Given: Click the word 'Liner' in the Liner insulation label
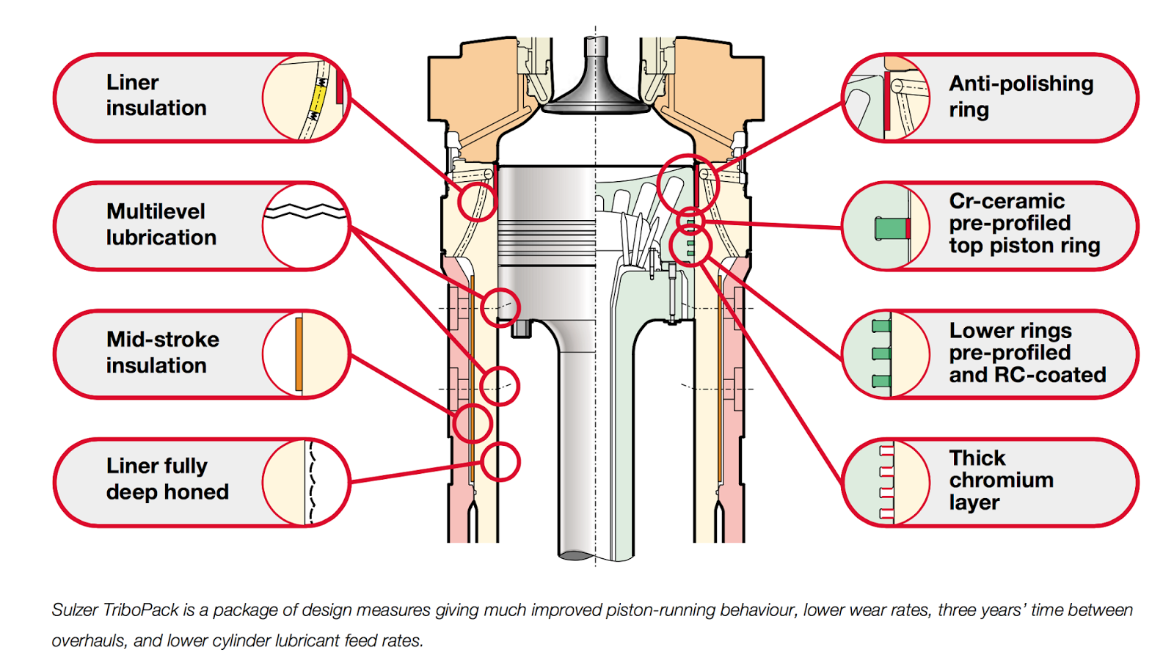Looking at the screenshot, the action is click(x=133, y=83).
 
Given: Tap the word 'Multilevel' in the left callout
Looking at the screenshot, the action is click(x=156, y=212).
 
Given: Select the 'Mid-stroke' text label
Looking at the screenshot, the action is click(x=163, y=340).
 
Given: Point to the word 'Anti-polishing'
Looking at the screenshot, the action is click(x=1021, y=84).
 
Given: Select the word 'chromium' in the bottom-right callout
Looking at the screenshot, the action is click(x=1002, y=480).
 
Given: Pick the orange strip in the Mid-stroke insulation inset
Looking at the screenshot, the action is click(x=299, y=354).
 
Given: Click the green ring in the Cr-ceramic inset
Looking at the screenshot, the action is click(x=891, y=228).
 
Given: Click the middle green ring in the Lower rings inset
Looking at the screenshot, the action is click(x=881, y=354).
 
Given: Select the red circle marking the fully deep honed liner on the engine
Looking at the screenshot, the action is click(x=500, y=461).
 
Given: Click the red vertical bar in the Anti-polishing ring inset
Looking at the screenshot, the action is click(x=887, y=101).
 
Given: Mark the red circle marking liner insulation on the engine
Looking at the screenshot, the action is click(x=476, y=201).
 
